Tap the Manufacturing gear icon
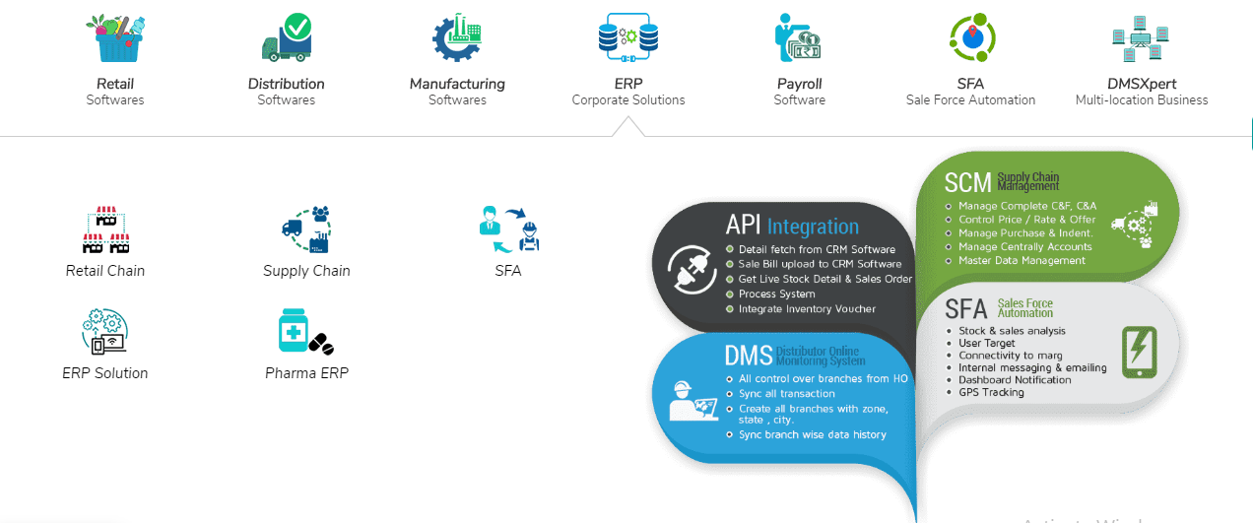457,37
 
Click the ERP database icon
627,37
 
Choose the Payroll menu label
799,84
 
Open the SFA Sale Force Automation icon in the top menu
970,37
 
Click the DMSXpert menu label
1141,84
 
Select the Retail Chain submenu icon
105,229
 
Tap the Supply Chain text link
306,271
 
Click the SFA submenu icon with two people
508,229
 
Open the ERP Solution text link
105,373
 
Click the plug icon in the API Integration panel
692,269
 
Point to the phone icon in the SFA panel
1139,352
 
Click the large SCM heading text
968,182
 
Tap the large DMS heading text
749,356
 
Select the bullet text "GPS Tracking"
991,392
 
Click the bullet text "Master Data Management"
1022,261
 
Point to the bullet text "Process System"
776,294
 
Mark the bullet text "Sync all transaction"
786,394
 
